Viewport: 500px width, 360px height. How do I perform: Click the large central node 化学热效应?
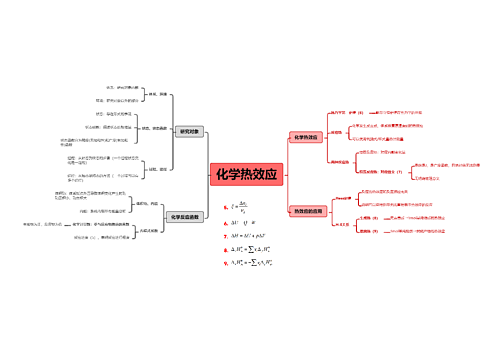[248, 174]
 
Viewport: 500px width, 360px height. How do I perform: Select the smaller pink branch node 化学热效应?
[305, 136]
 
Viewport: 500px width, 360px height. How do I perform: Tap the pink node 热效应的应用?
[306, 211]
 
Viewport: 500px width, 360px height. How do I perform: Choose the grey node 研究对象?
[188, 131]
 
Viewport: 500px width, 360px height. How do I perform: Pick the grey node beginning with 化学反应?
[185, 216]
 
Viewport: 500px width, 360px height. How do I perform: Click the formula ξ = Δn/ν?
[241, 206]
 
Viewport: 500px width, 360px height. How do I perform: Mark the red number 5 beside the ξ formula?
[226, 207]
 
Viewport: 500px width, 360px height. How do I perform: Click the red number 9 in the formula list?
[226, 262]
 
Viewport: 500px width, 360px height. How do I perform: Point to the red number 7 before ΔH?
[226, 235]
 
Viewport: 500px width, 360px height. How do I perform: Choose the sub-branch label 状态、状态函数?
[158, 129]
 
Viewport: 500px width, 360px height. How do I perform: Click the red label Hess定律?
[342, 199]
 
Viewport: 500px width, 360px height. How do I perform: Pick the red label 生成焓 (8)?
[368, 217]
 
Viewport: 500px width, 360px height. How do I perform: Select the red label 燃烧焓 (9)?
[368, 231]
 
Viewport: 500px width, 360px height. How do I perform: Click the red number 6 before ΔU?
[226, 222]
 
